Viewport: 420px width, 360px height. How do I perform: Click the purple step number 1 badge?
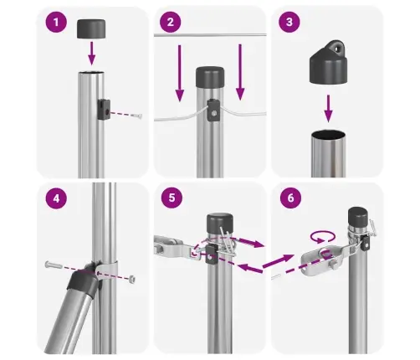(57, 23)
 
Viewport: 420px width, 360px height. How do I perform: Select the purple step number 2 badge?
(172, 23)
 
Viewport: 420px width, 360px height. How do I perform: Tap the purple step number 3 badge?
(290, 23)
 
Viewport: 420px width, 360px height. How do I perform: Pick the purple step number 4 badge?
(57, 200)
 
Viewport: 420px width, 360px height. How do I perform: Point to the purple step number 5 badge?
(172, 200)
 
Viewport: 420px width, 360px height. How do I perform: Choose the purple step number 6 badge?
(290, 200)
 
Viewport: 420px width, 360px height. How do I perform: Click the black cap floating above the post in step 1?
(93, 28)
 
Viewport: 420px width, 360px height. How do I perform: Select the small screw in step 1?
(136, 116)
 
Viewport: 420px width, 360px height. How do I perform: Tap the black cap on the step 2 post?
(209, 78)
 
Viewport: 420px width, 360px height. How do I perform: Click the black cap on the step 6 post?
(359, 219)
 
